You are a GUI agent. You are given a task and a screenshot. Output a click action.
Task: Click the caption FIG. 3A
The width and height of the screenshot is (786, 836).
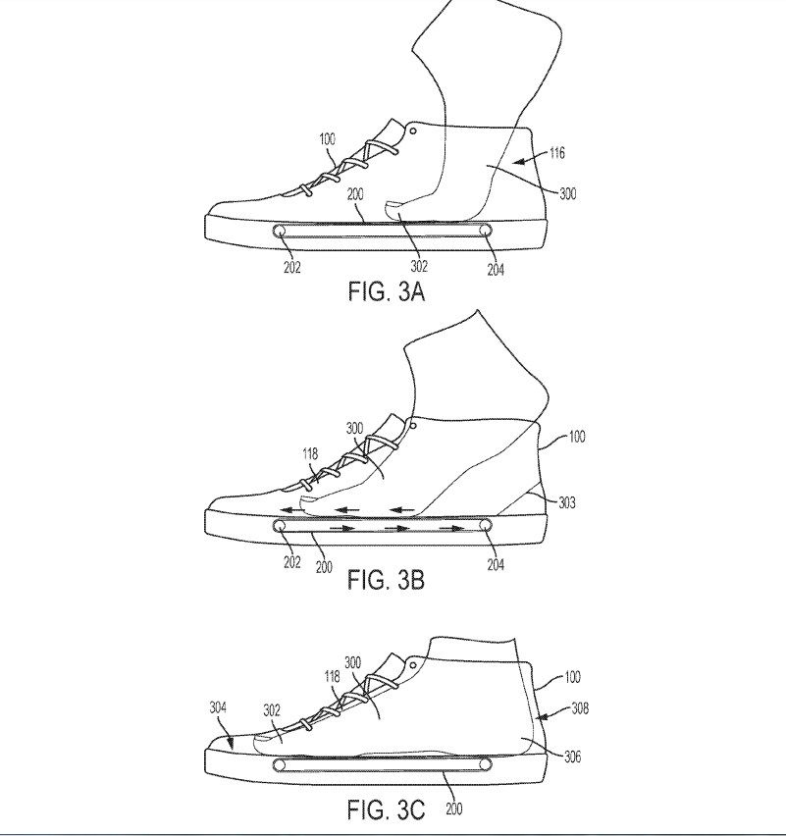386,291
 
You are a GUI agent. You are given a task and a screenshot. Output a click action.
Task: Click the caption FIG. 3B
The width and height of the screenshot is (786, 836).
386,580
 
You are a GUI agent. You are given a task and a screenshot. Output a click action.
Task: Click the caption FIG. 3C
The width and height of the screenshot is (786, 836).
386,810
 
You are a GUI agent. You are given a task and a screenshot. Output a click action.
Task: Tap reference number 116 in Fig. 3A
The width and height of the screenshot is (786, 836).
556,153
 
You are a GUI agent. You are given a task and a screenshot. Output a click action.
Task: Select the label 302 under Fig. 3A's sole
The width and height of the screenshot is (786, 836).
419,266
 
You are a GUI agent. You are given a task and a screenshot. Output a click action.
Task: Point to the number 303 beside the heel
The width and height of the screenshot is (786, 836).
567,502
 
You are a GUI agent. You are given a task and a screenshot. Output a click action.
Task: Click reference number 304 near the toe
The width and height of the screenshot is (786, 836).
218,707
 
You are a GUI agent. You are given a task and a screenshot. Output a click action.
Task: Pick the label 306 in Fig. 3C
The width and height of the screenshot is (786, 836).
572,756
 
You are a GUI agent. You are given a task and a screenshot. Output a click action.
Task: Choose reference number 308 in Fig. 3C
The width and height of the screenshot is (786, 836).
580,708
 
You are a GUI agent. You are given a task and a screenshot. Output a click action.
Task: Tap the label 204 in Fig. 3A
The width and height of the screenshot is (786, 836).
496,270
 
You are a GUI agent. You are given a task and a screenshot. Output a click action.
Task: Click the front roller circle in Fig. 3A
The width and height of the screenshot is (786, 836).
279,231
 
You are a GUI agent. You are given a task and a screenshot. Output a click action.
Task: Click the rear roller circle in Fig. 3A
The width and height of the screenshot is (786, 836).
486,231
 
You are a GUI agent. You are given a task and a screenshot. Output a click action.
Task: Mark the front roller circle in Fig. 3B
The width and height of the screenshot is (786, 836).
279,526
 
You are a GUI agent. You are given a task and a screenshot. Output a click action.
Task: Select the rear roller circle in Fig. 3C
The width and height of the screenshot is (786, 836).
486,764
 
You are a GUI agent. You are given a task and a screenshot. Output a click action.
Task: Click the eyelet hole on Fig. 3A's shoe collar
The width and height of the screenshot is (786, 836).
413,131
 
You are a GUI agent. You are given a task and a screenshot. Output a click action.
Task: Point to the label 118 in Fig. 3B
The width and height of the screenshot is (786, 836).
310,453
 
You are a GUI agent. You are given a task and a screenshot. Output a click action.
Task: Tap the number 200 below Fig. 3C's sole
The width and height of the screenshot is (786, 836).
453,809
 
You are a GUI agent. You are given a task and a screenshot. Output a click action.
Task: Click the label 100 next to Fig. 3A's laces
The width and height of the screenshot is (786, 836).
328,139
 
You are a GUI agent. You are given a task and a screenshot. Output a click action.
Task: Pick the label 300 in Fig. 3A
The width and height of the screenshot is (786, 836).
568,193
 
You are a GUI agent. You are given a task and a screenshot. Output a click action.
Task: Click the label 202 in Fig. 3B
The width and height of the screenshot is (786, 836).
292,562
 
